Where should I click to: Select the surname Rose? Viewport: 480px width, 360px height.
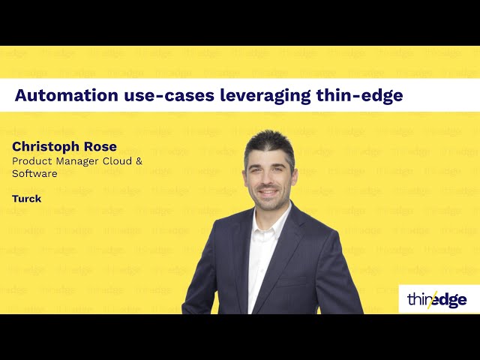(x=100, y=146)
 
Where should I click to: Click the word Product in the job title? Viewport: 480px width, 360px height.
(x=30, y=161)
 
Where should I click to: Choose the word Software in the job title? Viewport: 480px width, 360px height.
(x=34, y=173)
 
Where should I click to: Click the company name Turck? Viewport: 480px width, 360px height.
(x=26, y=199)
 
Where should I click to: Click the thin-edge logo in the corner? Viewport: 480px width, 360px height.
(x=437, y=299)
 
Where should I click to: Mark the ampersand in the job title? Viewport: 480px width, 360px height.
(x=138, y=161)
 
